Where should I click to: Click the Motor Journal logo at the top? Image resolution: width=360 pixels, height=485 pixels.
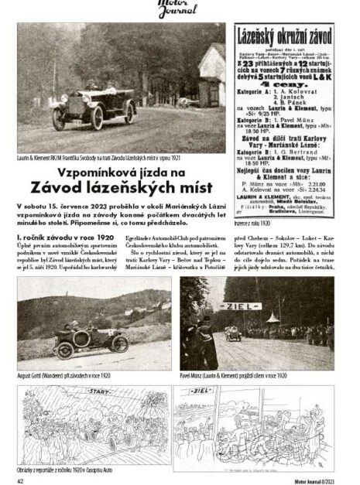click(x=180, y=9)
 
